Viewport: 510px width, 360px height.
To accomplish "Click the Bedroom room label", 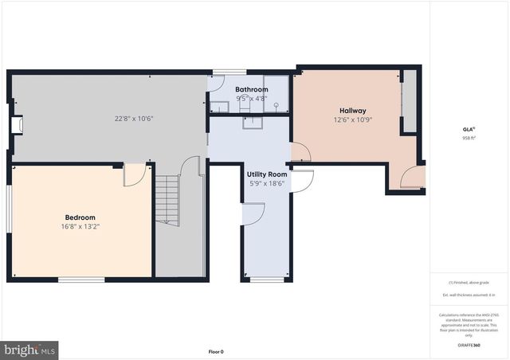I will (80, 217).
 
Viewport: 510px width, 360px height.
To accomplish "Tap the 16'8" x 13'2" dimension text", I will (80, 226).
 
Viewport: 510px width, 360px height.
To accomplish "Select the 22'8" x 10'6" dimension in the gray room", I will (133, 119).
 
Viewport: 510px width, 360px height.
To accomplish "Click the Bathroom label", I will (251, 89).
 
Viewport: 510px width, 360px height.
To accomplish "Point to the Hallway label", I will (352, 111).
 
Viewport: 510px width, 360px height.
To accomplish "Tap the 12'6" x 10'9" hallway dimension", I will (352, 119).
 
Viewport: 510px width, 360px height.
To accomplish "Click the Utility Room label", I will (266, 174).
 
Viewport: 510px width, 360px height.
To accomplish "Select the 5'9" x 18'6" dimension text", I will (266, 183).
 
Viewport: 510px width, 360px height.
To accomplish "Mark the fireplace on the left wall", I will (15, 125).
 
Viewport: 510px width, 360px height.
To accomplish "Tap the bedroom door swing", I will (135, 175).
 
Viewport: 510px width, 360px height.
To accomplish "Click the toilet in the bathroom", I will (245, 104).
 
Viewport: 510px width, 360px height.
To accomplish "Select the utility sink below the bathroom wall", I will (252, 121).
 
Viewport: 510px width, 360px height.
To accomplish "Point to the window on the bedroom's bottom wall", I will (81, 279).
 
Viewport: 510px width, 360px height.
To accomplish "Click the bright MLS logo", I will (30, 349).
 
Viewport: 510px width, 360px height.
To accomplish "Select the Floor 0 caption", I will (216, 351).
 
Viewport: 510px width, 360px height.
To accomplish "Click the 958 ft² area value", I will (469, 137).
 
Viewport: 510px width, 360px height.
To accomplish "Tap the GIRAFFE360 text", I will (469, 345).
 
